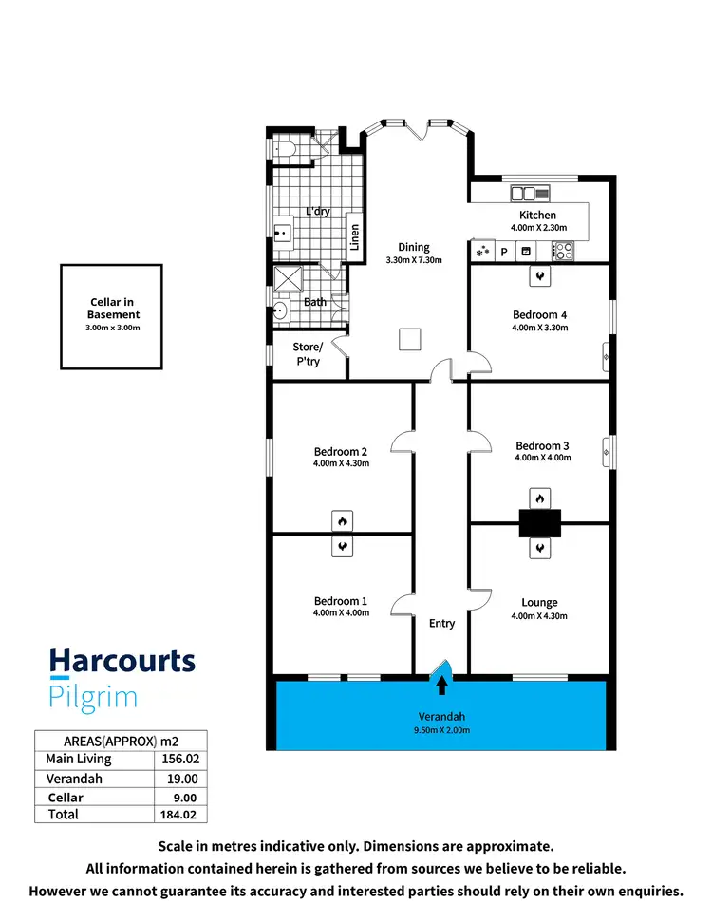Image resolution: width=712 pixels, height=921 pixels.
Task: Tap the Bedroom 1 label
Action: tap(342, 601)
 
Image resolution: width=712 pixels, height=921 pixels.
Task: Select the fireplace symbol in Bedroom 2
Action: tap(342, 520)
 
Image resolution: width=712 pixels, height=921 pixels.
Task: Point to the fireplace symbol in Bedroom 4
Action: tap(539, 275)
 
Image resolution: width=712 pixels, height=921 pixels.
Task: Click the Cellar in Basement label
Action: tap(114, 309)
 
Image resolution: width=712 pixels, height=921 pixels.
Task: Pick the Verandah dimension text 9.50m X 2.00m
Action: tap(441, 730)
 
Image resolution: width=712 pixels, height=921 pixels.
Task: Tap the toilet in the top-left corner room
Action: tap(286, 149)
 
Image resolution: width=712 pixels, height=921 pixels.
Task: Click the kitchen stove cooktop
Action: tap(563, 252)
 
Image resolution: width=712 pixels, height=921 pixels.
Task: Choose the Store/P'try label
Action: tap(308, 353)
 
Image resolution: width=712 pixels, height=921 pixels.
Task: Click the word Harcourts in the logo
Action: tap(122, 662)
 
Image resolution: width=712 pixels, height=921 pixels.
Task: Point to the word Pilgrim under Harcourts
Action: tap(93, 697)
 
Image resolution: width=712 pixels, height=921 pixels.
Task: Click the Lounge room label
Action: tap(539, 602)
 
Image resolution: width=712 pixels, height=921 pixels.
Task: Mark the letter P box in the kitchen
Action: tap(504, 253)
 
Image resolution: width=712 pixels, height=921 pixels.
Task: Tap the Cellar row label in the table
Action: tap(66, 798)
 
